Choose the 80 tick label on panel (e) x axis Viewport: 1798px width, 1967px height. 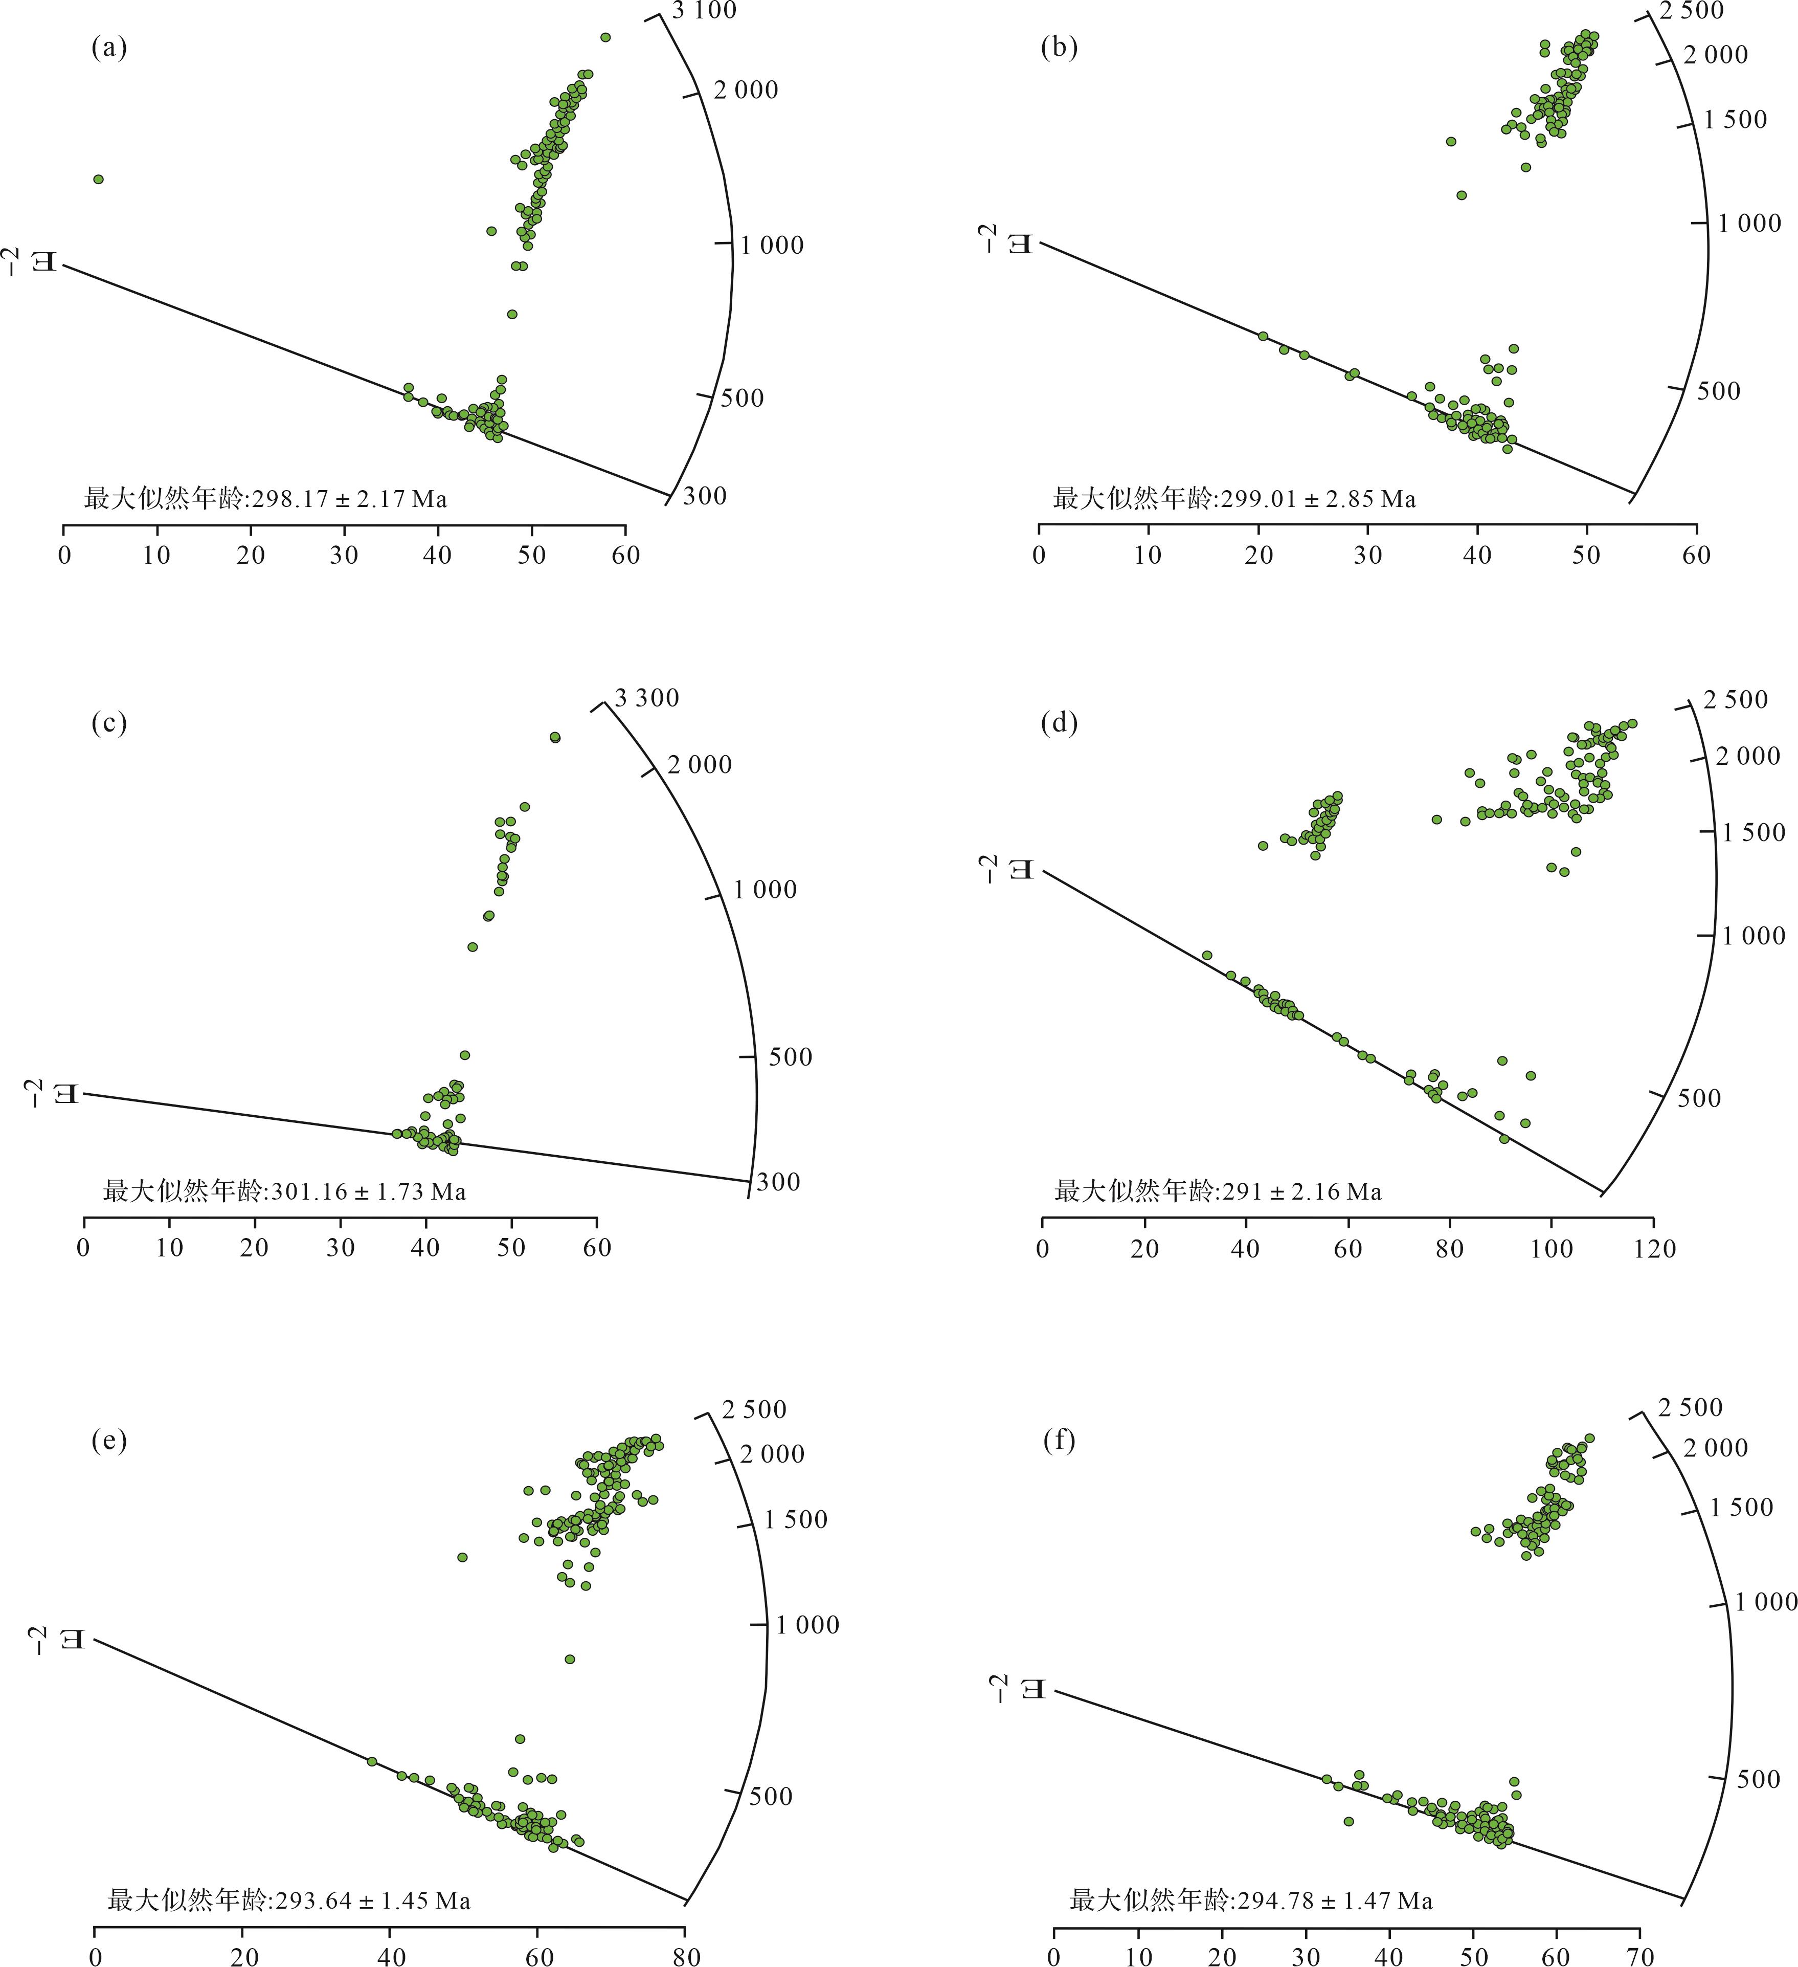(686, 1955)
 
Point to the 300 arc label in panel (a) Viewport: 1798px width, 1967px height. (704, 496)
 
